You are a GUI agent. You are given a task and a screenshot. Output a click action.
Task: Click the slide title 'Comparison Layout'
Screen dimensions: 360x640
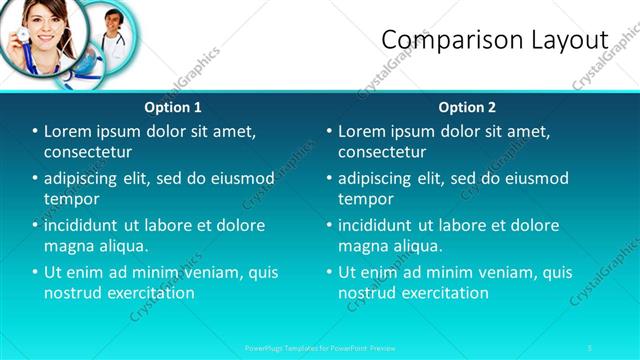[495, 40]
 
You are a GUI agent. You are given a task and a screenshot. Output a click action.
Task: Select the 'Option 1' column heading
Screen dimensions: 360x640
[173, 107]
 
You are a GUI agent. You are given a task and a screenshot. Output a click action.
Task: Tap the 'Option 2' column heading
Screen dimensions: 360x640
[467, 107]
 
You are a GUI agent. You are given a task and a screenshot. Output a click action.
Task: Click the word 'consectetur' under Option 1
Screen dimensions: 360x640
[88, 152]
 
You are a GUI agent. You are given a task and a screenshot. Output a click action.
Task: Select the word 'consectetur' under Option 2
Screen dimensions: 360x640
[382, 152]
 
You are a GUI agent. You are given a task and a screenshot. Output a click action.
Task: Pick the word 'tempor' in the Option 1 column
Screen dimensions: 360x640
[72, 199]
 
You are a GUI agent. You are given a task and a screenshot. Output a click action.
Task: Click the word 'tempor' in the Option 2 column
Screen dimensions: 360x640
[366, 199]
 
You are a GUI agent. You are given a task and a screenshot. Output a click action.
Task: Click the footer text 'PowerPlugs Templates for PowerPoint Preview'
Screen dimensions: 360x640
[320, 347]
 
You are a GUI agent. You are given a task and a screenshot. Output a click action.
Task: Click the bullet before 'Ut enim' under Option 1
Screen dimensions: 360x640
[35, 272]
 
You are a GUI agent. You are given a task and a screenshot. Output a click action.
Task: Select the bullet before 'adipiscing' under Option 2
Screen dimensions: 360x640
[329, 179]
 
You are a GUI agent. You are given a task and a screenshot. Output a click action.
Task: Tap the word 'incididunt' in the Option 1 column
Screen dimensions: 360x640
[83, 225]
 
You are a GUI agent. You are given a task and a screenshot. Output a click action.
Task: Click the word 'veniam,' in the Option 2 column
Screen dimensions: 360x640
[501, 272]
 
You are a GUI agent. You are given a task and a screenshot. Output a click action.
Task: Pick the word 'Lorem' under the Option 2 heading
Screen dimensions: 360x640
[361, 131]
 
